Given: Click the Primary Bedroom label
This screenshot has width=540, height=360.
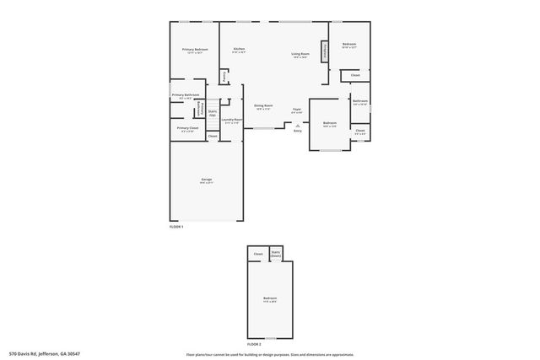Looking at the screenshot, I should pyautogui.click(x=195, y=51).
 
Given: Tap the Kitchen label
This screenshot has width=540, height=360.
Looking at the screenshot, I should pyautogui.click(x=239, y=50).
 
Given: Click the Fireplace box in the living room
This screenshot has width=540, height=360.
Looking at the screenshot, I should pyautogui.click(x=323, y=51).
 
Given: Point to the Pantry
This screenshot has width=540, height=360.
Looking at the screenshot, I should pyautogui.click(x=224, y=77).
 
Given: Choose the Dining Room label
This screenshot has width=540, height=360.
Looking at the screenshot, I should pyautogui.click(x=263, y=106).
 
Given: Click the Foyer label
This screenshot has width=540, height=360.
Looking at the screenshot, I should pyautogui.click(x=297, y=110).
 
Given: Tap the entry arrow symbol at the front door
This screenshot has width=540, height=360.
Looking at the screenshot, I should pyautogui.click(x=297, y=125).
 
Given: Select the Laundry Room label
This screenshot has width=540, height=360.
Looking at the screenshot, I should pyautogui.click(x=232, y=121).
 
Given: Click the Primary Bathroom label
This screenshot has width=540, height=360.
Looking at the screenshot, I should pyautogui.click(x=185, y=95).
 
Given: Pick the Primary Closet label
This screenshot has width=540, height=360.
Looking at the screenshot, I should pyautogui.click(x=187, y=128).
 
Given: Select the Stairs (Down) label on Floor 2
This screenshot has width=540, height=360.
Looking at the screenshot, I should pyautogui.click(x=276, y=254).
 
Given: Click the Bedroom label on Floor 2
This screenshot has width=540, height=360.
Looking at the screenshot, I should pyautogui.click(x=269, y=299).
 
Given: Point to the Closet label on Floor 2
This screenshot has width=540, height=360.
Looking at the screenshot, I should pyautogui.click(x=257, y=254).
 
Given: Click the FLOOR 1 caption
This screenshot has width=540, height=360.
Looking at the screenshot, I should pyautogui.click(x=176, y=227).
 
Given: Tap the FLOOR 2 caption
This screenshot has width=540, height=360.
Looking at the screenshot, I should pyautogui.click(x=254, y=344).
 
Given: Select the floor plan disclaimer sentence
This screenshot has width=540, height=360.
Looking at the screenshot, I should pyautogui.click(x=269, y=354).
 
